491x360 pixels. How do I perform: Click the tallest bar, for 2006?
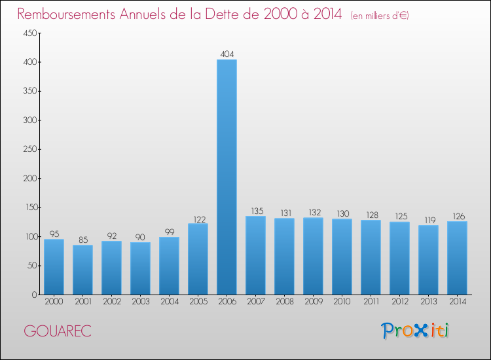[x=227, y=177]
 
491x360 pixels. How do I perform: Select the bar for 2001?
[x=82, y=270]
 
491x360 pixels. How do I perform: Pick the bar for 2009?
[x=313, y=256]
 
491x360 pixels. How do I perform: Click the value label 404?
[x=227, y=54]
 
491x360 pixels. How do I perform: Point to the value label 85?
[x=82, y=240]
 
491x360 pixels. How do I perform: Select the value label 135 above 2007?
[x=255, y=211]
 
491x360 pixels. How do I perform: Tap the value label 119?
[x=428, y=220]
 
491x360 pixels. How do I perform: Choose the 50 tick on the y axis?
[x=29, y=266]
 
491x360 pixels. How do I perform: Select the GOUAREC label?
[x=58, y=331]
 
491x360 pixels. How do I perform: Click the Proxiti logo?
[x=416, y=331]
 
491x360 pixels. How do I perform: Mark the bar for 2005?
[x=198, y=259]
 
